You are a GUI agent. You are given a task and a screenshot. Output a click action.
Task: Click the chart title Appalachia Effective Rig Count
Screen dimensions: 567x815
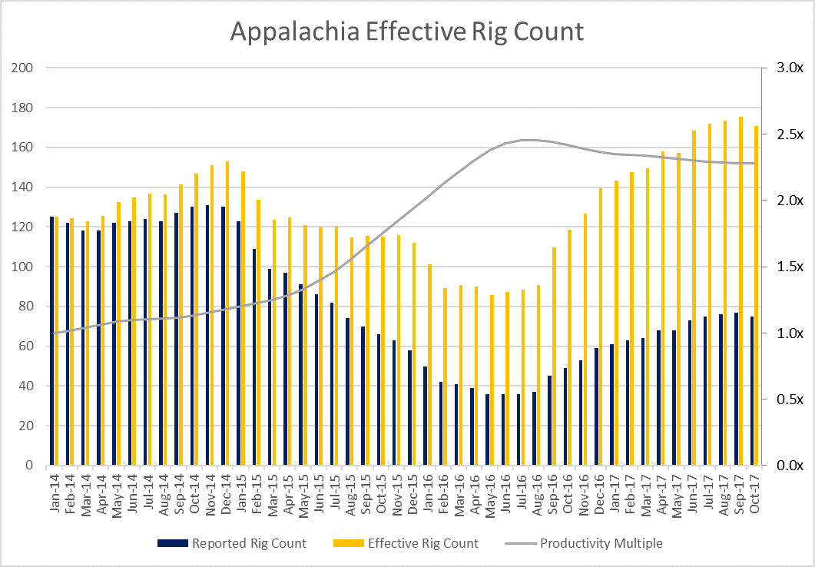tap(407, 32)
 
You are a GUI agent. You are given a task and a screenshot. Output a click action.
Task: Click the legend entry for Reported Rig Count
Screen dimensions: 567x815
tap(231, 543)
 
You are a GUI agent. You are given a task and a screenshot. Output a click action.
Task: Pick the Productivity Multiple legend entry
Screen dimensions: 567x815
tap(584, 543)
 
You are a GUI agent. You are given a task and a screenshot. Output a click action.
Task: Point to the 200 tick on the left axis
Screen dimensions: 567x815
tap(23, 68)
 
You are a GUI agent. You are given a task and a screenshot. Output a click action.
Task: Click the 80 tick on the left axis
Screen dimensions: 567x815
tap(26, 307)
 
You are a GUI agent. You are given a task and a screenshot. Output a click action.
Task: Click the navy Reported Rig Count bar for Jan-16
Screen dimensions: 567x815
tap(426, 416)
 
